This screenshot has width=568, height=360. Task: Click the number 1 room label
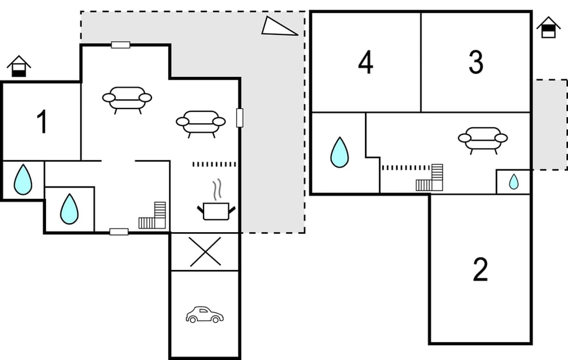tap(41, 123)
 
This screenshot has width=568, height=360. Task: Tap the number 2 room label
tap(480, 270)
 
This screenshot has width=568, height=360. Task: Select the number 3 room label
tap(475, 62)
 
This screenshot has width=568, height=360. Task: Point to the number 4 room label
tap(366, 62)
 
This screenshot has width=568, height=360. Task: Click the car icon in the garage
tap(204, 314)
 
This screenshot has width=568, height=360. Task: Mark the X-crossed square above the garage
tap(205, 252)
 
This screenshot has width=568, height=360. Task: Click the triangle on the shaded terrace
tap(279, 27)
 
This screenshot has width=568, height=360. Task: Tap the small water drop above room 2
tap(514, 182)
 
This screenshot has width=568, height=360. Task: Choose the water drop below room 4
tap(339, 152)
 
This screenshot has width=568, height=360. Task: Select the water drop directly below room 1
tap(22, 179)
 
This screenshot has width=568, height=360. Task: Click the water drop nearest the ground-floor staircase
tap(69, 209)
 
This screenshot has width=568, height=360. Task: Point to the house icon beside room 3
tap(548, 27)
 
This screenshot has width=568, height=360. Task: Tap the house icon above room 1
tap(19, 66)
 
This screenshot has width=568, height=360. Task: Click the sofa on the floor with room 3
tap(483, 139)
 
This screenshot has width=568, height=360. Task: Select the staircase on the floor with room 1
tap(153, 216)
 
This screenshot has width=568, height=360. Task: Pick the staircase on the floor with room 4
tap(430, 178)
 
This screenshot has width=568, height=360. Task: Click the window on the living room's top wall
tap(121, 45)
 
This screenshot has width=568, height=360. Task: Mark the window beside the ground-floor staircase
tap(119, 232)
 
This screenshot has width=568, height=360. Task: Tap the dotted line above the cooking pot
tap(214, 164)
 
